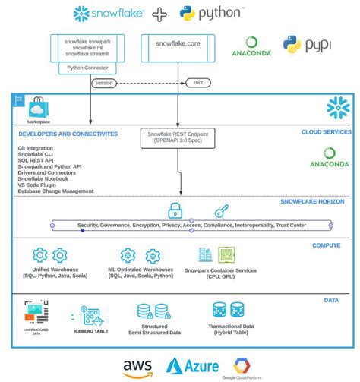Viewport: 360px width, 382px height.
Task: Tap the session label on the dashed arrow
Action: (x=104, y=83)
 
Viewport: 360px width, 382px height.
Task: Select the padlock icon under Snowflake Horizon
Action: (x=174, y=210)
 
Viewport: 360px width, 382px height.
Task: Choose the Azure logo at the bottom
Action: (x=191, y=367)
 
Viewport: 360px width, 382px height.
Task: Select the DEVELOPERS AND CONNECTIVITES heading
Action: (x=68, y=134)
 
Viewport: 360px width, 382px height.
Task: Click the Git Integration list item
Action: (x=35, y=148)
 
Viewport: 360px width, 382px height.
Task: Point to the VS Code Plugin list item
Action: (x=37, y=185)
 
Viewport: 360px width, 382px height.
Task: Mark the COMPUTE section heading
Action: (x=326, y=245)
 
